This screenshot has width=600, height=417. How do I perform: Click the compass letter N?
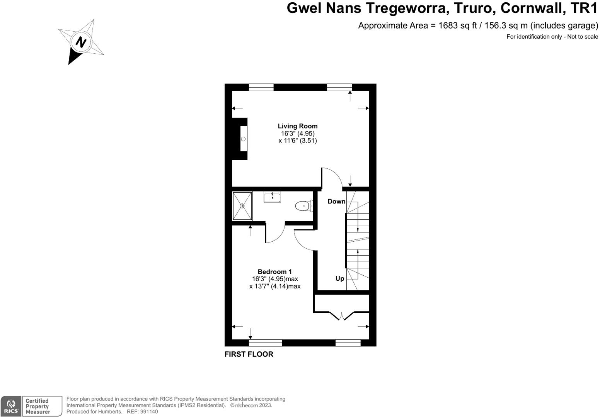81,42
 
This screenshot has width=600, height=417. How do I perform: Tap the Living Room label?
297,126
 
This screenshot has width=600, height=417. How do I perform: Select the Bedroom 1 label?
274,272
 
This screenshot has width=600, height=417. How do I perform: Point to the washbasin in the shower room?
273,197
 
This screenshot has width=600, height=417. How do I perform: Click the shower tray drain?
242,206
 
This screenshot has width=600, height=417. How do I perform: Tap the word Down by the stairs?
336,201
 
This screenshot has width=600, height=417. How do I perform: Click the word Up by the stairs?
340,278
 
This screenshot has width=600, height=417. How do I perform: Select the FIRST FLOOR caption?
249,354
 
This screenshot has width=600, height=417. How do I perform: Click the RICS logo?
11,406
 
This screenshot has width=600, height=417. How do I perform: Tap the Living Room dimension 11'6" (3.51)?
297,141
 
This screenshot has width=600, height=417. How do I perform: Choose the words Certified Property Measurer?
37,406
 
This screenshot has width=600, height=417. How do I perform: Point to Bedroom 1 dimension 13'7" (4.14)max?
274,286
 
